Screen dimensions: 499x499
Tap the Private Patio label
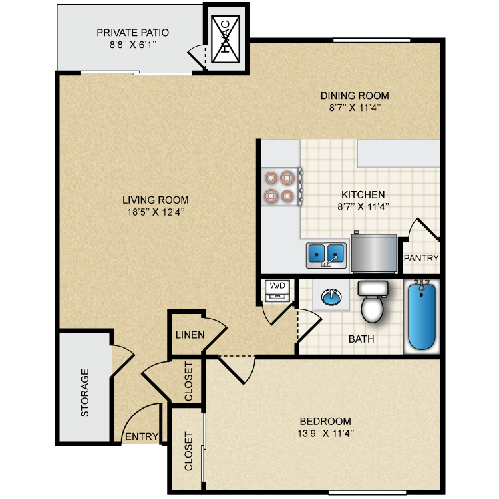point(132,32)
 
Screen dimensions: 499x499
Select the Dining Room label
point(354,95)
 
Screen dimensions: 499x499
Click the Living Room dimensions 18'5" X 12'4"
point(155,212)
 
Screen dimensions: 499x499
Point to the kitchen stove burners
point(279,187)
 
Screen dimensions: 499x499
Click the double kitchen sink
point(326,253)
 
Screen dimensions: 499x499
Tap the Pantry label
point(420,258)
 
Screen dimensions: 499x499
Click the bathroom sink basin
point(330,296)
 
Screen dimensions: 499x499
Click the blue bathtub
point(420,315)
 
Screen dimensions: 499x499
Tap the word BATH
point(361,339)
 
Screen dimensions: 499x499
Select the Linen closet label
point(190,335)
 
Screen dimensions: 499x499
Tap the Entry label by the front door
point(141,437)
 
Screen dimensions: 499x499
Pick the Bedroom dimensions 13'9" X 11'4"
point(326,434)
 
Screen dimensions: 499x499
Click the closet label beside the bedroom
point(188,451)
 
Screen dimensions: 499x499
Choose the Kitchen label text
point(363,194)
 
